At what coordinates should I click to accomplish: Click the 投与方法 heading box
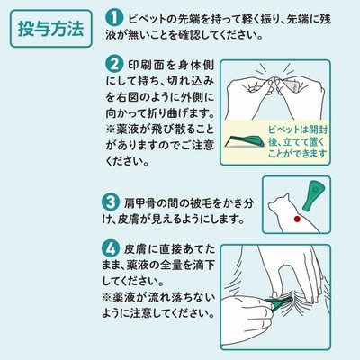click(x=51, y=29)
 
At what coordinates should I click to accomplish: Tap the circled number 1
click(x=114, y=18)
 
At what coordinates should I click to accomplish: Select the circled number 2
click(x=114, y=64)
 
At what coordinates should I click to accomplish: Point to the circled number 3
click(x=110, y=202)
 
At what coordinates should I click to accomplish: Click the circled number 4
click(x=110, y=248)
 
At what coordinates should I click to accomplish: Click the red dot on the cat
click(x=297, y=219)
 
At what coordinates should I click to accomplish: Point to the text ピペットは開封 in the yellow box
click(x=298, y=130)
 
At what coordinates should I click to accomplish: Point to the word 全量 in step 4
click(x=171, y=265)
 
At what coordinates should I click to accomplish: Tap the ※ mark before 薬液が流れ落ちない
click(x=107, y=297)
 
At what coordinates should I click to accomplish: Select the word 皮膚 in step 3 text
click(x=129, y=219)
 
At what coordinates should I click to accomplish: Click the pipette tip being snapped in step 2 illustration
click(x=273, y=83)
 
